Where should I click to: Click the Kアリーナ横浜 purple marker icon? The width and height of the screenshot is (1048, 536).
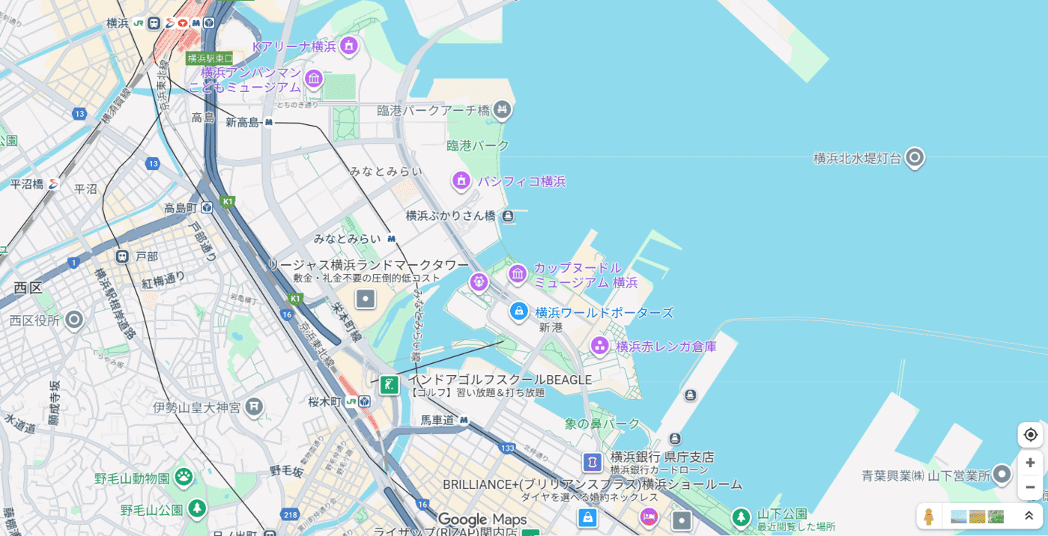click(x=348, y=46)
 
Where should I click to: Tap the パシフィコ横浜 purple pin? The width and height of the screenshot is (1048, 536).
click(x=461, y=180)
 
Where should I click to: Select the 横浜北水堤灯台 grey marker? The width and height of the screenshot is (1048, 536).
click(x=914, y=158)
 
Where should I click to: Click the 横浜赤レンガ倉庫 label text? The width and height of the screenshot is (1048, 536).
click(x=666, y=347)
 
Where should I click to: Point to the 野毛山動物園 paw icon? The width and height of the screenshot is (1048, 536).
click(x=184, y=476)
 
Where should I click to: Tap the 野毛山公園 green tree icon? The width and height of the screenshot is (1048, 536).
click(x=197, y=509)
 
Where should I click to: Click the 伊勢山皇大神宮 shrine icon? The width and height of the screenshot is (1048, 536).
click(x=255, y=406)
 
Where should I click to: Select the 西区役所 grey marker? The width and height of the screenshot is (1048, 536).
click(x=73, y=320)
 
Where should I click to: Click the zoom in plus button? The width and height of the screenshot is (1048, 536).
click(x=1030, y=463)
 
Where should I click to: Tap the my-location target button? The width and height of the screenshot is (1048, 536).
click(x=1030, y=435)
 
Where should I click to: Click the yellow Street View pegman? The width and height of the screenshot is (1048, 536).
click(x=929, y=517)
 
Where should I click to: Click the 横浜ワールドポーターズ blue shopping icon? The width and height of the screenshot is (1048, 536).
click(x=518, y=311)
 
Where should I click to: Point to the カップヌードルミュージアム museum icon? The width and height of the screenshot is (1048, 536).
click(x=518, y=274)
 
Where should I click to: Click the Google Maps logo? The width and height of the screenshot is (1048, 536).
click(x=482, y=520)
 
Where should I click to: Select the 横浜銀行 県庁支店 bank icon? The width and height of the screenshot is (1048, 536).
click(x=593, y=462)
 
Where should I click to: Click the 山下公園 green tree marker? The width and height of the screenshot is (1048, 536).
click(x=741, y=517)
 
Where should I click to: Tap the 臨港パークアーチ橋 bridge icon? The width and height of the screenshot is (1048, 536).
click(x=502, y=111)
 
